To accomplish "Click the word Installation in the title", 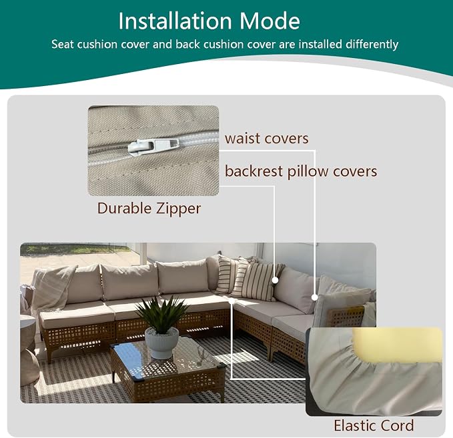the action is coord(175,21).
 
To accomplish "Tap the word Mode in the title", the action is coord(270,21).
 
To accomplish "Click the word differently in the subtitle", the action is coord(372,45).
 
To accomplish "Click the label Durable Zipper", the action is coord(149,209).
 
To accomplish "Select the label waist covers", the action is coord(267,139).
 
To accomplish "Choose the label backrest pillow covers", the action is coord(301,171).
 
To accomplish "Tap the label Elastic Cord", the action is coord(374,425).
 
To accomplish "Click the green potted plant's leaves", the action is coord(162,313).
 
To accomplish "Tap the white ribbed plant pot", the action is coord(161,343).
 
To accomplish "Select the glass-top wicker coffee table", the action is coord(167,367).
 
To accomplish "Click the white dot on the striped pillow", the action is coord(276,280).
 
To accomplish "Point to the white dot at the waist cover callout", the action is coord(315,297).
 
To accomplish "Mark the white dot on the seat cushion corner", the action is coord(232,301).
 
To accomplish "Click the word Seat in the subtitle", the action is coord(60,45).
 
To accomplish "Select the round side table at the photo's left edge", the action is coord(28,349).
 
